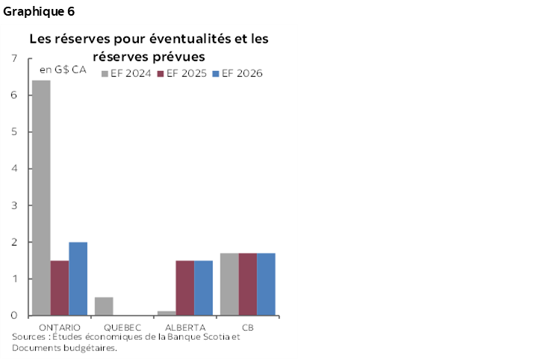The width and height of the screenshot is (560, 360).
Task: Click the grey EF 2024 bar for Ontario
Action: [41, 198]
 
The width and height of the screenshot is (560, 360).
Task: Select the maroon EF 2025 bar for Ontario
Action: [60, 288]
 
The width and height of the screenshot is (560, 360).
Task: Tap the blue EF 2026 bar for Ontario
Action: [78, 279]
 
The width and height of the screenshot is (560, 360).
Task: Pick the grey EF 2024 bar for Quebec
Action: [104, 306]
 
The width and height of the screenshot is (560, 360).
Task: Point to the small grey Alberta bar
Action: [167, 313]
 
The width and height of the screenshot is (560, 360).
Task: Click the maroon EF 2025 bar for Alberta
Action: [184, 288]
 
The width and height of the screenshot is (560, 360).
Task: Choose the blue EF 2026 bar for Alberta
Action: [203, 288]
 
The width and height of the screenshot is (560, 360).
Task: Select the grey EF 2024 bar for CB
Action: [229, 285]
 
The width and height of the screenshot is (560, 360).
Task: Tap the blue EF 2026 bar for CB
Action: [266, 285]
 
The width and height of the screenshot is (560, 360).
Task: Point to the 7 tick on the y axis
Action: [15, 59]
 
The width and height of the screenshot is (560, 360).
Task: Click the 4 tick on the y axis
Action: [15, 169]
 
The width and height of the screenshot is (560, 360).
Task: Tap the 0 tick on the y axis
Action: [15, 316]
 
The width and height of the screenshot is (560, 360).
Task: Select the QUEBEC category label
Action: [122, 327]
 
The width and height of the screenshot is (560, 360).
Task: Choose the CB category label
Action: [247, 327]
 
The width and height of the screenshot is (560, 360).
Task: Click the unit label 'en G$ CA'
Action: [63, 70]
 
